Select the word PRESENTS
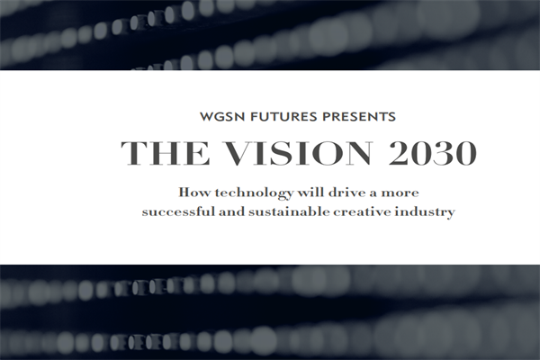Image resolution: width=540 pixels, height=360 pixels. (364, 117)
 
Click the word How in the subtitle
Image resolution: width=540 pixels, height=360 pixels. (192, 192)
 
